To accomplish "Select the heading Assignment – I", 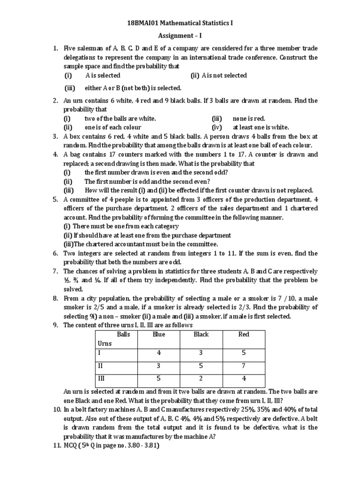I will point(180,35).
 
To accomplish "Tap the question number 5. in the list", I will point(55,199).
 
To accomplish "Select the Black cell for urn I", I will point(201,352).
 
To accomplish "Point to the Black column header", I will point(201,334).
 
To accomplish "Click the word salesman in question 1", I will point(90,48).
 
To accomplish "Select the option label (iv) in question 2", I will point(217,127).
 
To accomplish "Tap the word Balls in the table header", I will point(123,334).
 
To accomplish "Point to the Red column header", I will point(244,334).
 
